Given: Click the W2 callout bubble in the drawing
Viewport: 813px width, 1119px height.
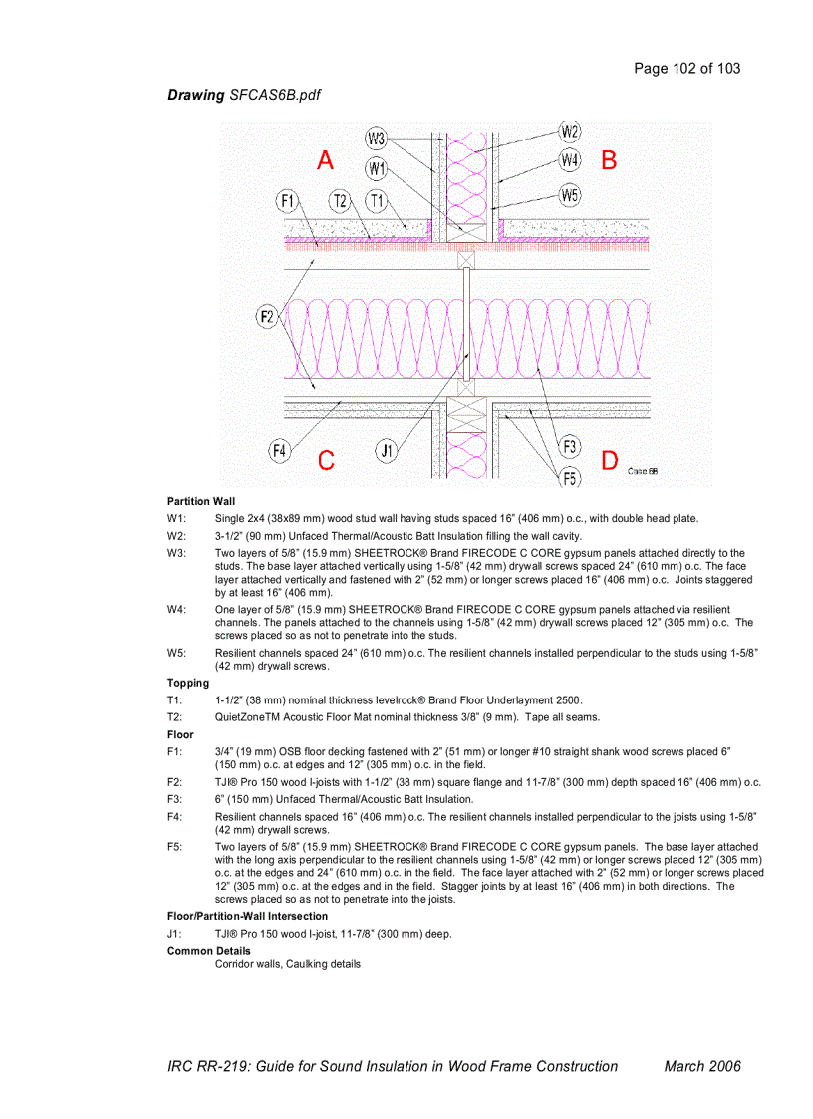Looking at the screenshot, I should (x=570, y=132).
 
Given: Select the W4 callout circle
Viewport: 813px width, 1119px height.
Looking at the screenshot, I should (x=570, y=159).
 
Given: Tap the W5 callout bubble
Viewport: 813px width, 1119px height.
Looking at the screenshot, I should (x=570, y=196).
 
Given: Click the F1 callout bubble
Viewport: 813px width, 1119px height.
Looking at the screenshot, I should (x=288, y=202).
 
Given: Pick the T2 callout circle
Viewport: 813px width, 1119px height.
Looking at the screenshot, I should (x=341, y=202).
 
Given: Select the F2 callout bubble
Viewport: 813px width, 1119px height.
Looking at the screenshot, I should (x=267, y=317).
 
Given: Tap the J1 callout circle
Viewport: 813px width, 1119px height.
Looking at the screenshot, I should (x=387, y=451).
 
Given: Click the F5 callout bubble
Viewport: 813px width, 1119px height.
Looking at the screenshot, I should (x=569, y=477).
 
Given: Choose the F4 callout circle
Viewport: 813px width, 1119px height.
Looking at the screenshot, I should (x=281, y=451).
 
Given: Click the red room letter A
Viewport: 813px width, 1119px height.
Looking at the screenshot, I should (x=325, y=160).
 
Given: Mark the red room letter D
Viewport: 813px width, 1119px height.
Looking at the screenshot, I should (x=610, y=461).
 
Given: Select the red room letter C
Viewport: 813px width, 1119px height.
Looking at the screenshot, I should (x=326, y=461).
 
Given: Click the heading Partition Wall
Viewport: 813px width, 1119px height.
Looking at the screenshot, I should (x=201, y=501).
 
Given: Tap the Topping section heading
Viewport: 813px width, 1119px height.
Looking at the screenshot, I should (x=188, y=683).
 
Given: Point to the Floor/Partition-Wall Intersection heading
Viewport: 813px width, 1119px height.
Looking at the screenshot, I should (x=247, y=916).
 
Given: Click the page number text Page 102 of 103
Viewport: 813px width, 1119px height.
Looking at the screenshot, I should (x=686, y=69).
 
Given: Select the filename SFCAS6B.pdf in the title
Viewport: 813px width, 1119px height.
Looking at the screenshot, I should (x=275, y=95).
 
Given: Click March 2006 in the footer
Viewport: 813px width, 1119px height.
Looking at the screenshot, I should (x=702, y=1066).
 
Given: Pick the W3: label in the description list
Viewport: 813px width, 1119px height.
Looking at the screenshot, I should (x=176, y=553).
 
